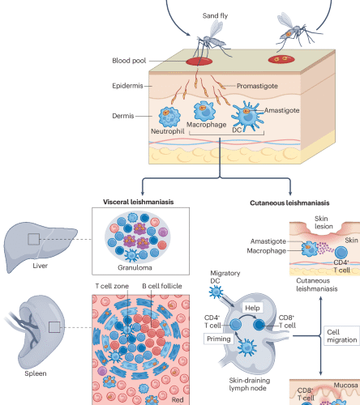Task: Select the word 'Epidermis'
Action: [x=131, y=85]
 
